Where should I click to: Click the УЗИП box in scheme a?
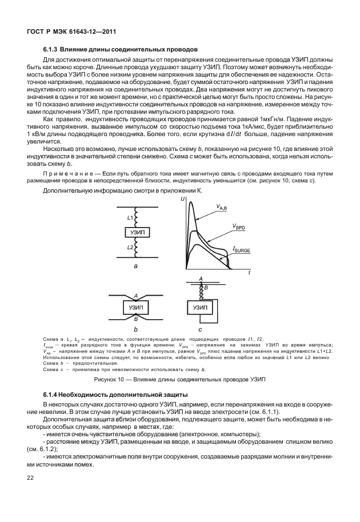pos(137,232)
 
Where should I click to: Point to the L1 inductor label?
pos(130,218)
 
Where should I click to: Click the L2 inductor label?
pos(130,247)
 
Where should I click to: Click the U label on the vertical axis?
pos(182,199)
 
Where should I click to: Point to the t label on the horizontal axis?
pos(250,274)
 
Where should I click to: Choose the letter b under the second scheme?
pos(136,330)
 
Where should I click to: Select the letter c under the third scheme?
pos(200,330)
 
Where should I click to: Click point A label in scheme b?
pos(136,297)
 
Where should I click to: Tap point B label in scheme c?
pos(206,288)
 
